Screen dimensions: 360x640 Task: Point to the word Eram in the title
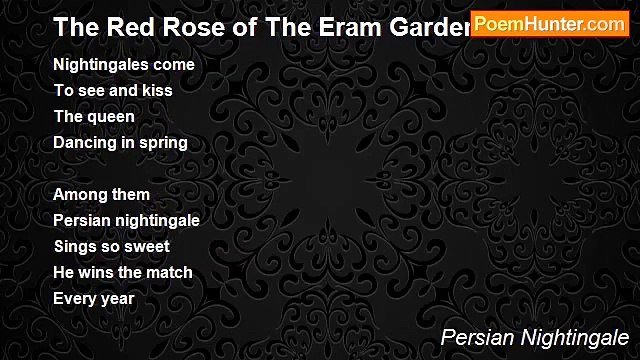[348, 27]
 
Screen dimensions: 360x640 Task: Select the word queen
[111, 116]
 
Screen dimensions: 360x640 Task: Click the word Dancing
[84, 142]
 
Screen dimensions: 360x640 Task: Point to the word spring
[163, 142]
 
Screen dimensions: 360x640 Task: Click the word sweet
[147, 246]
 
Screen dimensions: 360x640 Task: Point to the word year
[117, 298]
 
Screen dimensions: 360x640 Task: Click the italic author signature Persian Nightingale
[535, 337]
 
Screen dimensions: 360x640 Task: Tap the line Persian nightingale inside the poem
[126, 220]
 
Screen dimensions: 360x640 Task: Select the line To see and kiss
[113, 90]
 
